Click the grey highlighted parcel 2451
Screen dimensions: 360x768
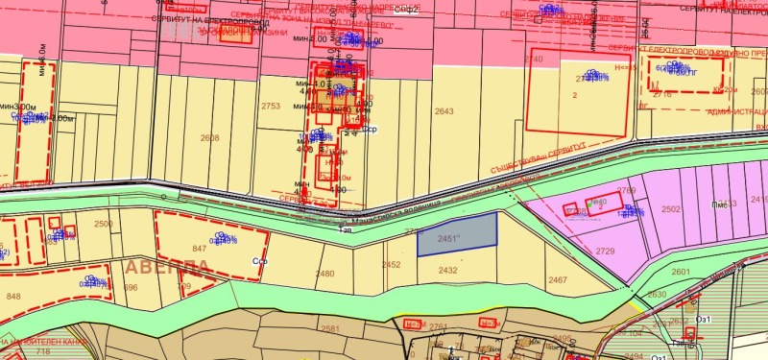457,233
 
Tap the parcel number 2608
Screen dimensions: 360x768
210,138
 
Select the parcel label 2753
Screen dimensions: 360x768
271,107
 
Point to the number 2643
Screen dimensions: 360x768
444,112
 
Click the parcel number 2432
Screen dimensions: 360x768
447,271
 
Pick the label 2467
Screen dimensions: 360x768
558,279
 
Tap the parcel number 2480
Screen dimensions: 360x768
325,274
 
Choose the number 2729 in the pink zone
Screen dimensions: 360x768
605,251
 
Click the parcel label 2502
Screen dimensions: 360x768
671,208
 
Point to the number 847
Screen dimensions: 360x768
200,248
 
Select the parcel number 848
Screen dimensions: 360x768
13,297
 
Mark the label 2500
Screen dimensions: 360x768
103,224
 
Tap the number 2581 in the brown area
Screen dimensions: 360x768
330,329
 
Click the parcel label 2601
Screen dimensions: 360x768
681,272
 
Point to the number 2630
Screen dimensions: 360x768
657,295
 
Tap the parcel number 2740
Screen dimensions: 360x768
533,60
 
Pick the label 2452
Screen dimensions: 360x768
391,264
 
